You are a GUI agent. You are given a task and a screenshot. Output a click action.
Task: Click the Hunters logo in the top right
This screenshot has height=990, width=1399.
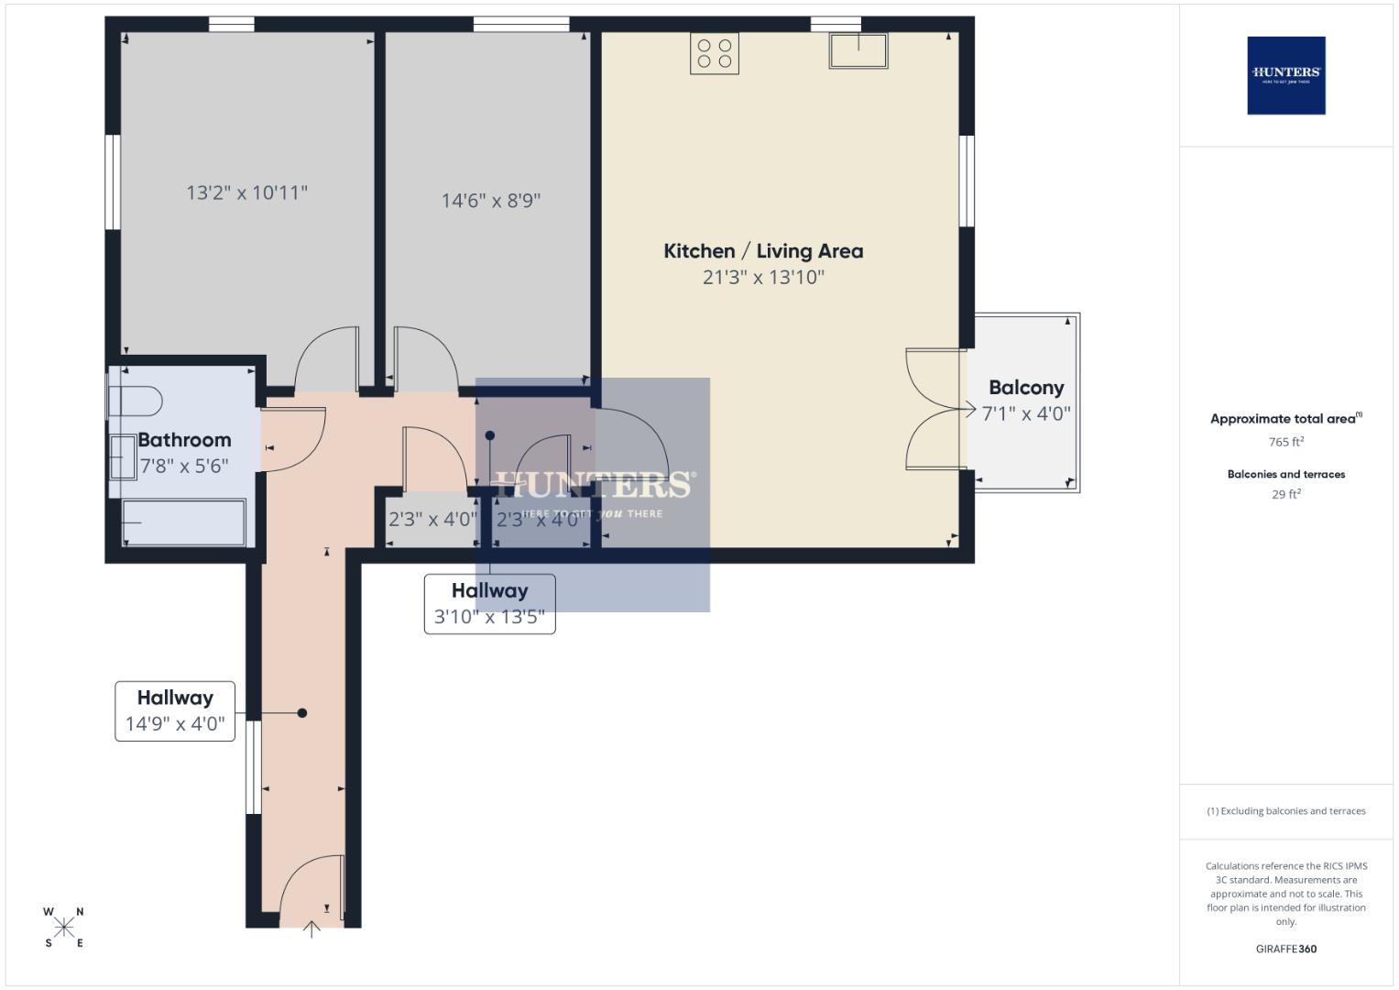(x=1285, y=75)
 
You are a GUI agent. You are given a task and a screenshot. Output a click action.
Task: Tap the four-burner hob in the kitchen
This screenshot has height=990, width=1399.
(x=715, y=53)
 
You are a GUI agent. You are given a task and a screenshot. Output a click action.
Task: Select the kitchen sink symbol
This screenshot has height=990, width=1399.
(x=858, y=50)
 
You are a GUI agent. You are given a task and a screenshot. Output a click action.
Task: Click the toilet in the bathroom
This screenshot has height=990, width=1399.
(x=136, y=401)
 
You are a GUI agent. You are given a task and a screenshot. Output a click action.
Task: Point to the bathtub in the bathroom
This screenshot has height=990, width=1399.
(x=183, y=522)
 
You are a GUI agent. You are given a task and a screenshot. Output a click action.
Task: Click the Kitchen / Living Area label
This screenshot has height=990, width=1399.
(x=763, y=251)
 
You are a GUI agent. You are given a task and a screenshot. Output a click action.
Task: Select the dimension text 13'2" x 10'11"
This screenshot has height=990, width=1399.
(x=246, y=192)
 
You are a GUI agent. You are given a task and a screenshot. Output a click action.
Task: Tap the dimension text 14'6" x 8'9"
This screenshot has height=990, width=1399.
(x=491, y=201)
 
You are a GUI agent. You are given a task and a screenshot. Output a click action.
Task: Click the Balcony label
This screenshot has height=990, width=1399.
(x=1026, y=388)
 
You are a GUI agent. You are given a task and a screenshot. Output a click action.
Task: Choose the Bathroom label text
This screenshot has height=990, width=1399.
(x=184, y=440)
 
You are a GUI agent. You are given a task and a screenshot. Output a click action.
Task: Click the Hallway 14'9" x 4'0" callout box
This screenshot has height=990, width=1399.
(x=175, y=711)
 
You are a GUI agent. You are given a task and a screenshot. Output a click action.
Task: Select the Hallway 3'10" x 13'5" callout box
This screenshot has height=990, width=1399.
(x=489, y=604)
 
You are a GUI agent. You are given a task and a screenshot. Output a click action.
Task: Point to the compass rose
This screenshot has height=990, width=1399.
(x=64, y=928)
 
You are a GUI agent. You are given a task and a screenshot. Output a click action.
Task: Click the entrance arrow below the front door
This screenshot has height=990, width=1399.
(x=311, y=929)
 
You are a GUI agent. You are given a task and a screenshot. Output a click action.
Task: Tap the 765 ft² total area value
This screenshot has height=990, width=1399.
(x=1285, y=442)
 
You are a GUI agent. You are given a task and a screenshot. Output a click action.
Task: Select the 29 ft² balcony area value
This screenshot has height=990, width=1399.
(x=1285, y=494)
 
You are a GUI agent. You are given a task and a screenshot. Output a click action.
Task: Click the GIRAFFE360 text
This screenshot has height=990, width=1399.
(x=1285, y=949)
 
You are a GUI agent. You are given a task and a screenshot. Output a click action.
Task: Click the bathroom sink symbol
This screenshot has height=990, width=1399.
(x=122, y=457)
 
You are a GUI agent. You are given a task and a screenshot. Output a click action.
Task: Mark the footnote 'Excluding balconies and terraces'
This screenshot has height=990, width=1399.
(x=1285, y=811)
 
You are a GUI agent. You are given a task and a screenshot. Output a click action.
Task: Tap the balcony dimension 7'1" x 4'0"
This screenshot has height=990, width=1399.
(x=1026, y=414)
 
